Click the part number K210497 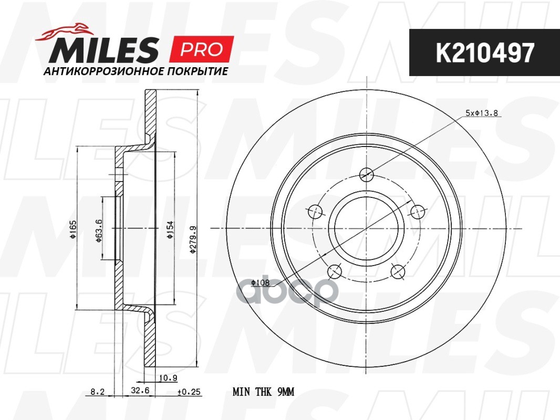(485, 52)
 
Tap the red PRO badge (202, 49)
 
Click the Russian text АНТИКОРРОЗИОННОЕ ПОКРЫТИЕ (136, 71)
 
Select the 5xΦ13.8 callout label (481, 113)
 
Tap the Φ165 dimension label (73, 229)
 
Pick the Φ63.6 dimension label (99, 230)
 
